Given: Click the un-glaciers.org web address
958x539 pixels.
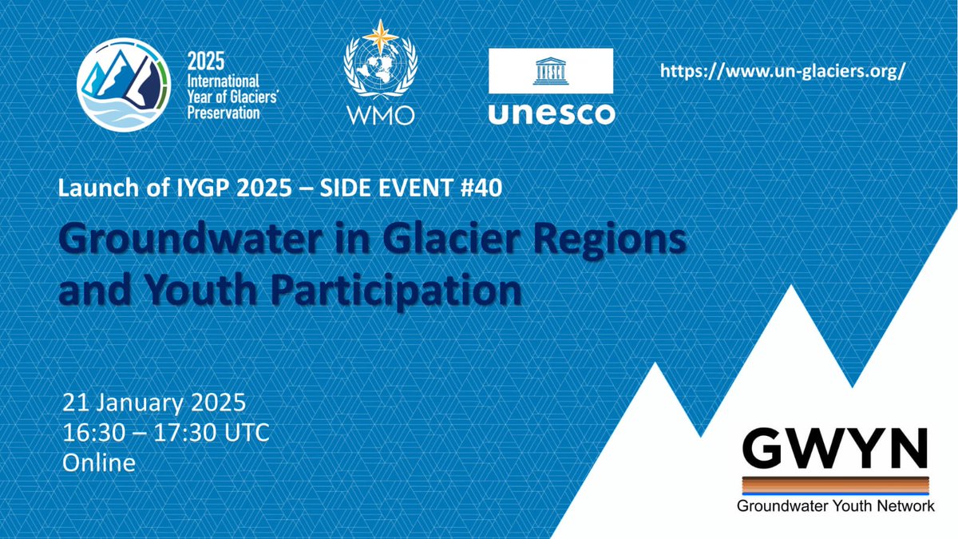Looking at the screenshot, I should click(x=783, y=71).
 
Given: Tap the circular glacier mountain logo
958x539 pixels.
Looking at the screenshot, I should click(x=124, y=85).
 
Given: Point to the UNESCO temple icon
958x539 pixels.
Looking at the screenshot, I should click(x=551, y=70).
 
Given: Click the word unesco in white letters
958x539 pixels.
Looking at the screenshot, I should click(x=551, y=112).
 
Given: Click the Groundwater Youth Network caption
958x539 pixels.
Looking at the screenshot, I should click(x=834, y=506).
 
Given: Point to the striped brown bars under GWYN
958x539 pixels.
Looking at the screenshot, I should click(x=834, y=485).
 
